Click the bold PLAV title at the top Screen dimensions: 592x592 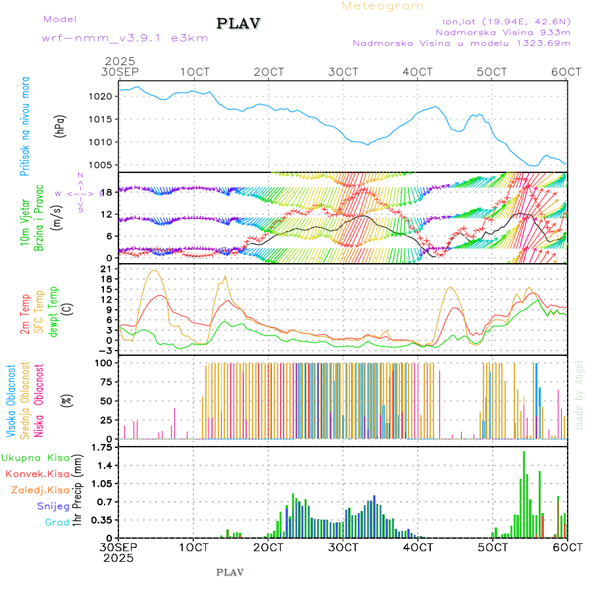pos(239,24)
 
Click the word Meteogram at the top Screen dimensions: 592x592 pos(383,6)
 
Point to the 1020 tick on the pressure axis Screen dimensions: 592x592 pos(107,96)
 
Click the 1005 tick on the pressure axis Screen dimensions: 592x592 pos(107,165)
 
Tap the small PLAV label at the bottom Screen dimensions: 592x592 pos(230,572)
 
